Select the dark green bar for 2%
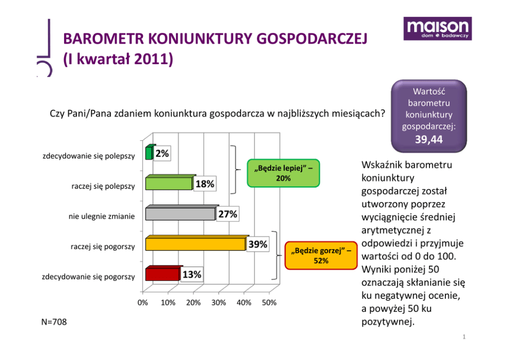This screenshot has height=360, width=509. [x=149, y=153]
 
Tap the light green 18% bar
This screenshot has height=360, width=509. [x=169, y=183]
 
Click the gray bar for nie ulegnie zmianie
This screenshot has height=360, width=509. [x=180, y=214]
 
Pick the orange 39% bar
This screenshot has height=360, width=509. [x=195, y=244]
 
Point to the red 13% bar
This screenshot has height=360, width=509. [x=162, y=274]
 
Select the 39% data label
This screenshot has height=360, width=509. [x=258, y=244]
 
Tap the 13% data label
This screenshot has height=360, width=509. [x=192, y=275]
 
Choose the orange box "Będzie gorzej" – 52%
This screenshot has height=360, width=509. [x=321, y=255]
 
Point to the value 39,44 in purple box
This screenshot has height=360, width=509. [x=429, y=140]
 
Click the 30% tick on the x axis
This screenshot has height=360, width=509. [x=219, y=303]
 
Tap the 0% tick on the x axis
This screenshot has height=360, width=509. [x=143, y=303]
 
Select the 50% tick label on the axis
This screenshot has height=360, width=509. [x=269, y=303]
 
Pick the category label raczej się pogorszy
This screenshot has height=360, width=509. [x=103, y=247]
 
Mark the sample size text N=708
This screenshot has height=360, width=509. [x=54, y=322]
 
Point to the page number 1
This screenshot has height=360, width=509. [x=463, y=337]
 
